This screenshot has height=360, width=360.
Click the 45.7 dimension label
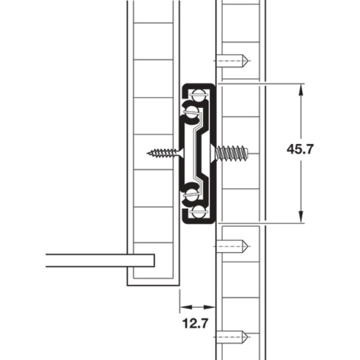coord(300,149)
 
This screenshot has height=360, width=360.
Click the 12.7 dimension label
coord(195,323)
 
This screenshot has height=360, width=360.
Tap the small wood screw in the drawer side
coord(165,153)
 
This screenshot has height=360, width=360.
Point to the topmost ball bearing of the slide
coord(197,94)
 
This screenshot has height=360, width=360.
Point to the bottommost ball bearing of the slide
coord(197,213)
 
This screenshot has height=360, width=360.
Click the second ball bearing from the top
coord(192,111)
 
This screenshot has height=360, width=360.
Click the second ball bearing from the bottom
coord(192,194)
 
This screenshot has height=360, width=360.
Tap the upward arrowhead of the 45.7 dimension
coord(301,90)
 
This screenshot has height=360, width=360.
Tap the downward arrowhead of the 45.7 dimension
coord(301,217)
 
